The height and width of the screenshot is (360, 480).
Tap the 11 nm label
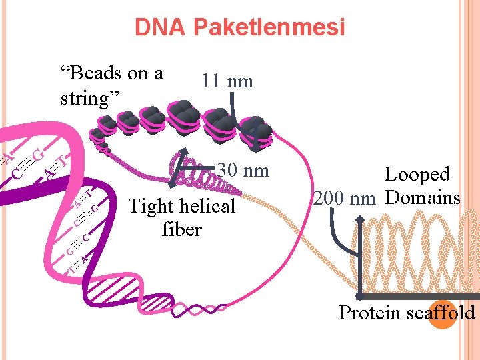[227, 81]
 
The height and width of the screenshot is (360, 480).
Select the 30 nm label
[243, 171]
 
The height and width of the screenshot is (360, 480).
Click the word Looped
[417, 175]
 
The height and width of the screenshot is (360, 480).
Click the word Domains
[423, 198]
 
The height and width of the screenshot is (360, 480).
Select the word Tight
[150, 207]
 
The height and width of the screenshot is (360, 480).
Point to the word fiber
[181, 229]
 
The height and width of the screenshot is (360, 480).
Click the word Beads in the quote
[89, 73]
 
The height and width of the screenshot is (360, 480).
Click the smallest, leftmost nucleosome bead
[98, 134]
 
